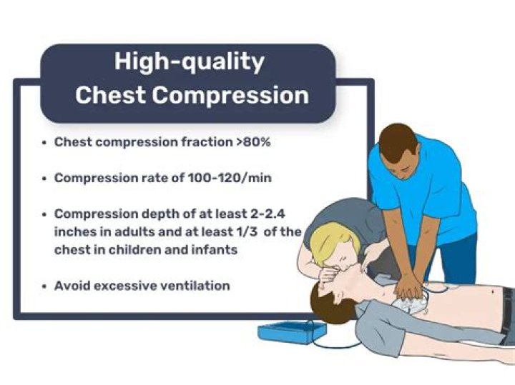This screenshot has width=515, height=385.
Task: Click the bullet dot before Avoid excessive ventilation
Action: coord(45,286)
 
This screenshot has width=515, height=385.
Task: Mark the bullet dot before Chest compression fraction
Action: coord(45,143)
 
